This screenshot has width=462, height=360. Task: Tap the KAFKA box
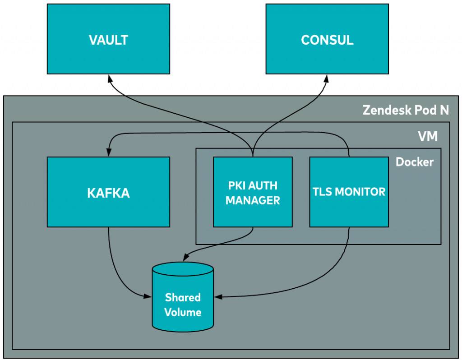[x=108, y=192]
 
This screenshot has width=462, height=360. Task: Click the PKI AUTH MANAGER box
[x=253, y=192]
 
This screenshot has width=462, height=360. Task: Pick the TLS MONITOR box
[x=349, y=192]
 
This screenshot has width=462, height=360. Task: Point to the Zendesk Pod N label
[x=406, y=110]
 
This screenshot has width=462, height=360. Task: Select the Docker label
[x=415, y=162]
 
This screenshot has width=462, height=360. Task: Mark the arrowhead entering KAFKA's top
[x=108, y=152]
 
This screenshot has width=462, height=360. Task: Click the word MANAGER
[x=253, y=200]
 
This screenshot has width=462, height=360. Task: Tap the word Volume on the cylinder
[x=183, y=312]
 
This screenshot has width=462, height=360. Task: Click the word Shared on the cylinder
[x=183, y=297]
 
